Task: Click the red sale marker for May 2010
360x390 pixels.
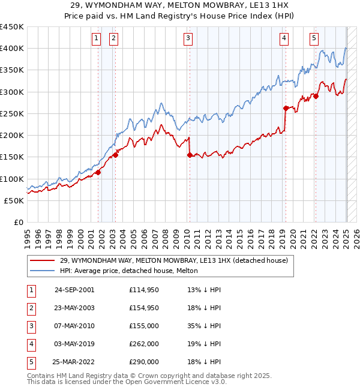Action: tap(190, 155)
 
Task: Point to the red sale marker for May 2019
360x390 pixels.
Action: tap(286, 108)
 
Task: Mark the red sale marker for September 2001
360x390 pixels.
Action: tap(98, 172)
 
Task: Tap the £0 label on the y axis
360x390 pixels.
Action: tap(19, 222)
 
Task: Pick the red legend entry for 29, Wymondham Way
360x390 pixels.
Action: tap(174, 260)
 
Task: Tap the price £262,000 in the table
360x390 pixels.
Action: tap(144, 344)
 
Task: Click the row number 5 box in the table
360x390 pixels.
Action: tap(30, 362)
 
